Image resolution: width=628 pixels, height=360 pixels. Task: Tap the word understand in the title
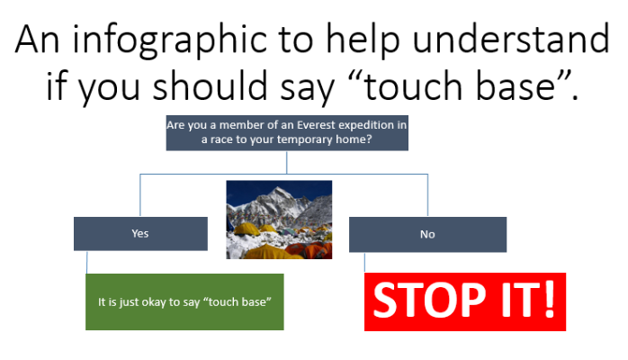pos(511,39)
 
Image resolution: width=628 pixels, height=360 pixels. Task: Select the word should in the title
pos(210,85)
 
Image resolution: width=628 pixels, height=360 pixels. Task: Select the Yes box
pos(140,234)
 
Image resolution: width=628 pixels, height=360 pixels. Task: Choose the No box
pos(427,235)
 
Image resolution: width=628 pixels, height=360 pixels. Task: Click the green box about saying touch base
pos(184,301)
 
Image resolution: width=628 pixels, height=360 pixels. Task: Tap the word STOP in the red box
pos(433,301)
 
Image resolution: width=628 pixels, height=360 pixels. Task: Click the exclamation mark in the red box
pos(550,299)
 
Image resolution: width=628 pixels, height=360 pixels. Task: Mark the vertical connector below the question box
pos(287,162)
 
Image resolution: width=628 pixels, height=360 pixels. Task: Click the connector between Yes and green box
pos(87,262)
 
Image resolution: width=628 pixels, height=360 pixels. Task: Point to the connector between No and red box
pos(364,263)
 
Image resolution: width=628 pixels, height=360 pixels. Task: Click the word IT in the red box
pos(519,301)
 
